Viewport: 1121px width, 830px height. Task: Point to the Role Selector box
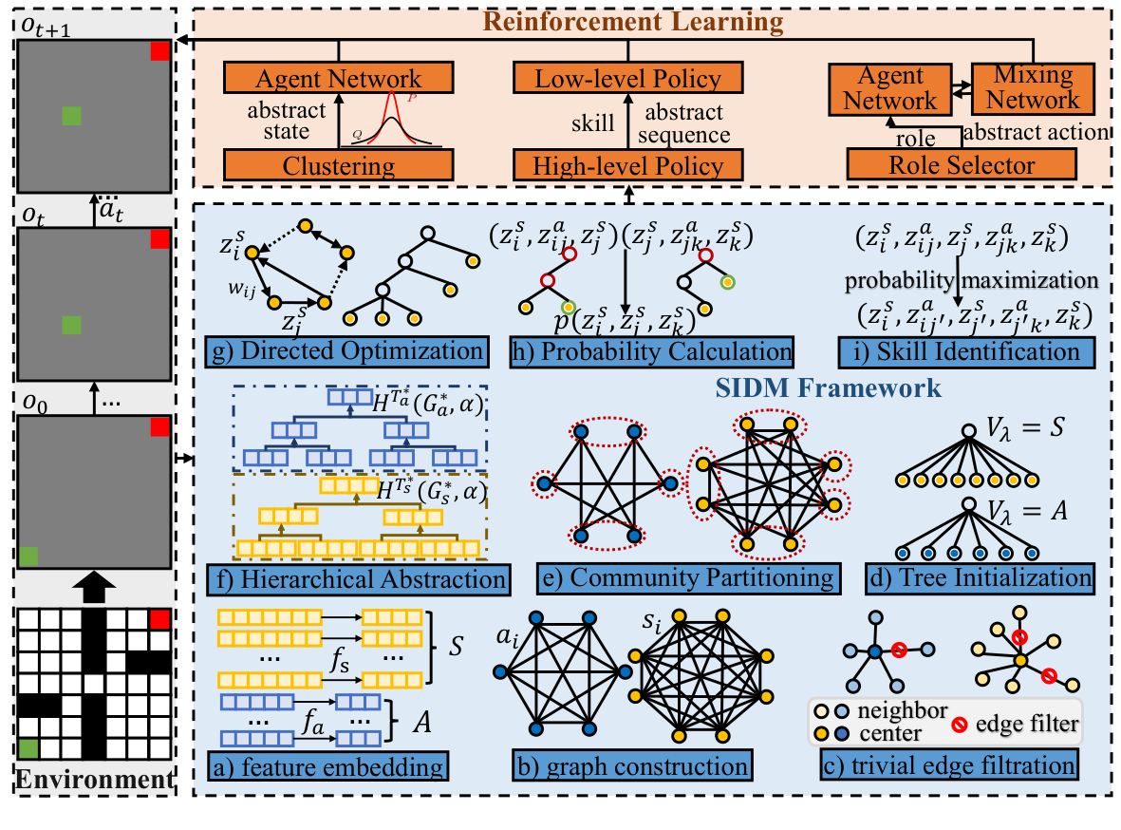click(962, 166)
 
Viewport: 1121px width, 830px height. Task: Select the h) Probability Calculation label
click(650, 352)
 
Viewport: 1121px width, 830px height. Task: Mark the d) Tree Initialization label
click(979, 576)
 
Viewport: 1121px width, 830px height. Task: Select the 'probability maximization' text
click(971, 283)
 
